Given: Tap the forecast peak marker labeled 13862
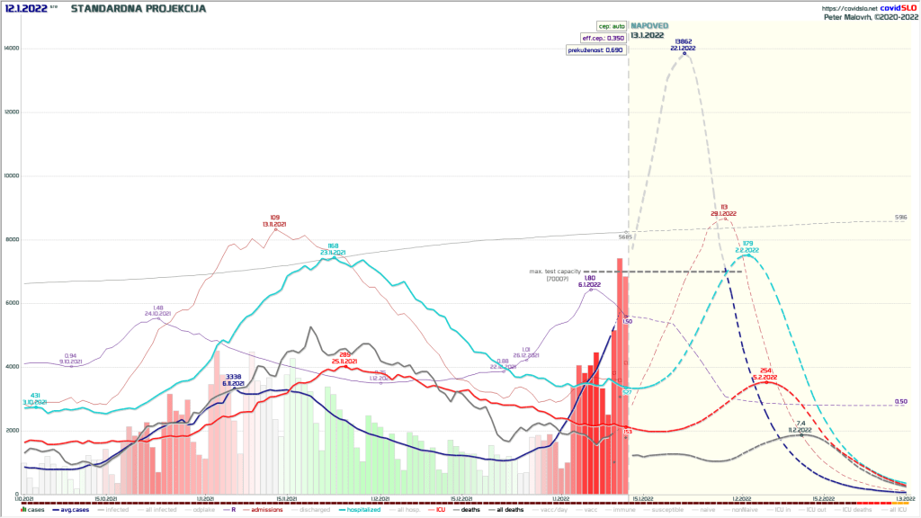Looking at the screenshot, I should (684, 53).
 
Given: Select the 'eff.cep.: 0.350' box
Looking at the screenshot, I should (602, 38).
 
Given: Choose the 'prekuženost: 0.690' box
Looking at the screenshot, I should (595, 50).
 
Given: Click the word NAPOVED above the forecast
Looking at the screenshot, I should (650, 25).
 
